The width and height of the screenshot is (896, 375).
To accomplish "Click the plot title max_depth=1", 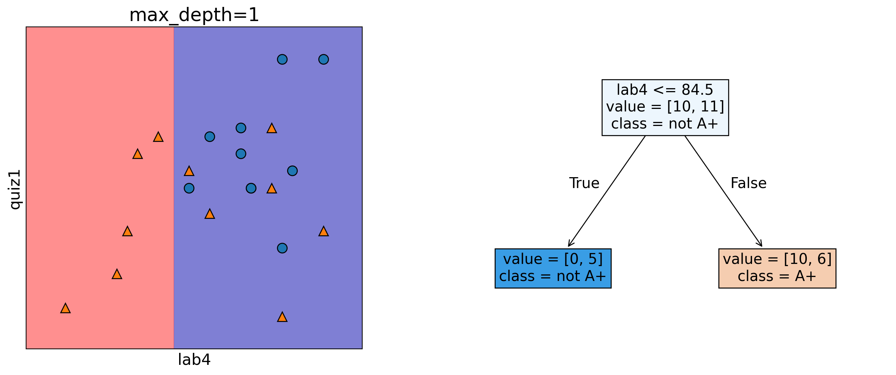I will click(194, 15).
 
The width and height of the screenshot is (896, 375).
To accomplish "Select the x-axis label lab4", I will click(194, 360).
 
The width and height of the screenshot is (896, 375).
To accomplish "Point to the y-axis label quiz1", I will click(15, 189).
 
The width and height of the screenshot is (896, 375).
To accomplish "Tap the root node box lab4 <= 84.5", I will click(665, 107).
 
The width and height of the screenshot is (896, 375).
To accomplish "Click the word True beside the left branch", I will click(584, 183).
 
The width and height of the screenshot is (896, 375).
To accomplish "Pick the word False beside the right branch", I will click(748, 183).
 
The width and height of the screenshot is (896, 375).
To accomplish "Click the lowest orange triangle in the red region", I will click(65, 309).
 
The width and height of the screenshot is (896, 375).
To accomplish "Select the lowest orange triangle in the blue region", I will click(282, 317).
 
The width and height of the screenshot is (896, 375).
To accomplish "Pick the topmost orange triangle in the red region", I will click(158, 137).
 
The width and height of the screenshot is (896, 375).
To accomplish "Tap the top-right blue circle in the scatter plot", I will click(323, 59).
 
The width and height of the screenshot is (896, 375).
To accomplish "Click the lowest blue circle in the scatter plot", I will click(282, 248).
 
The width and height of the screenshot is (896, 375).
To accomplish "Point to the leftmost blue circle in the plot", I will click(189, 188).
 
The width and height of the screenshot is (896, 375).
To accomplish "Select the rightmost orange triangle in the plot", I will click(323, 232).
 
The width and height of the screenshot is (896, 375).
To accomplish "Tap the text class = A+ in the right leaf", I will click(777, 276).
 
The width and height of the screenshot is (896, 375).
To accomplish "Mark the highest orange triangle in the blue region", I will click(272, 129).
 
